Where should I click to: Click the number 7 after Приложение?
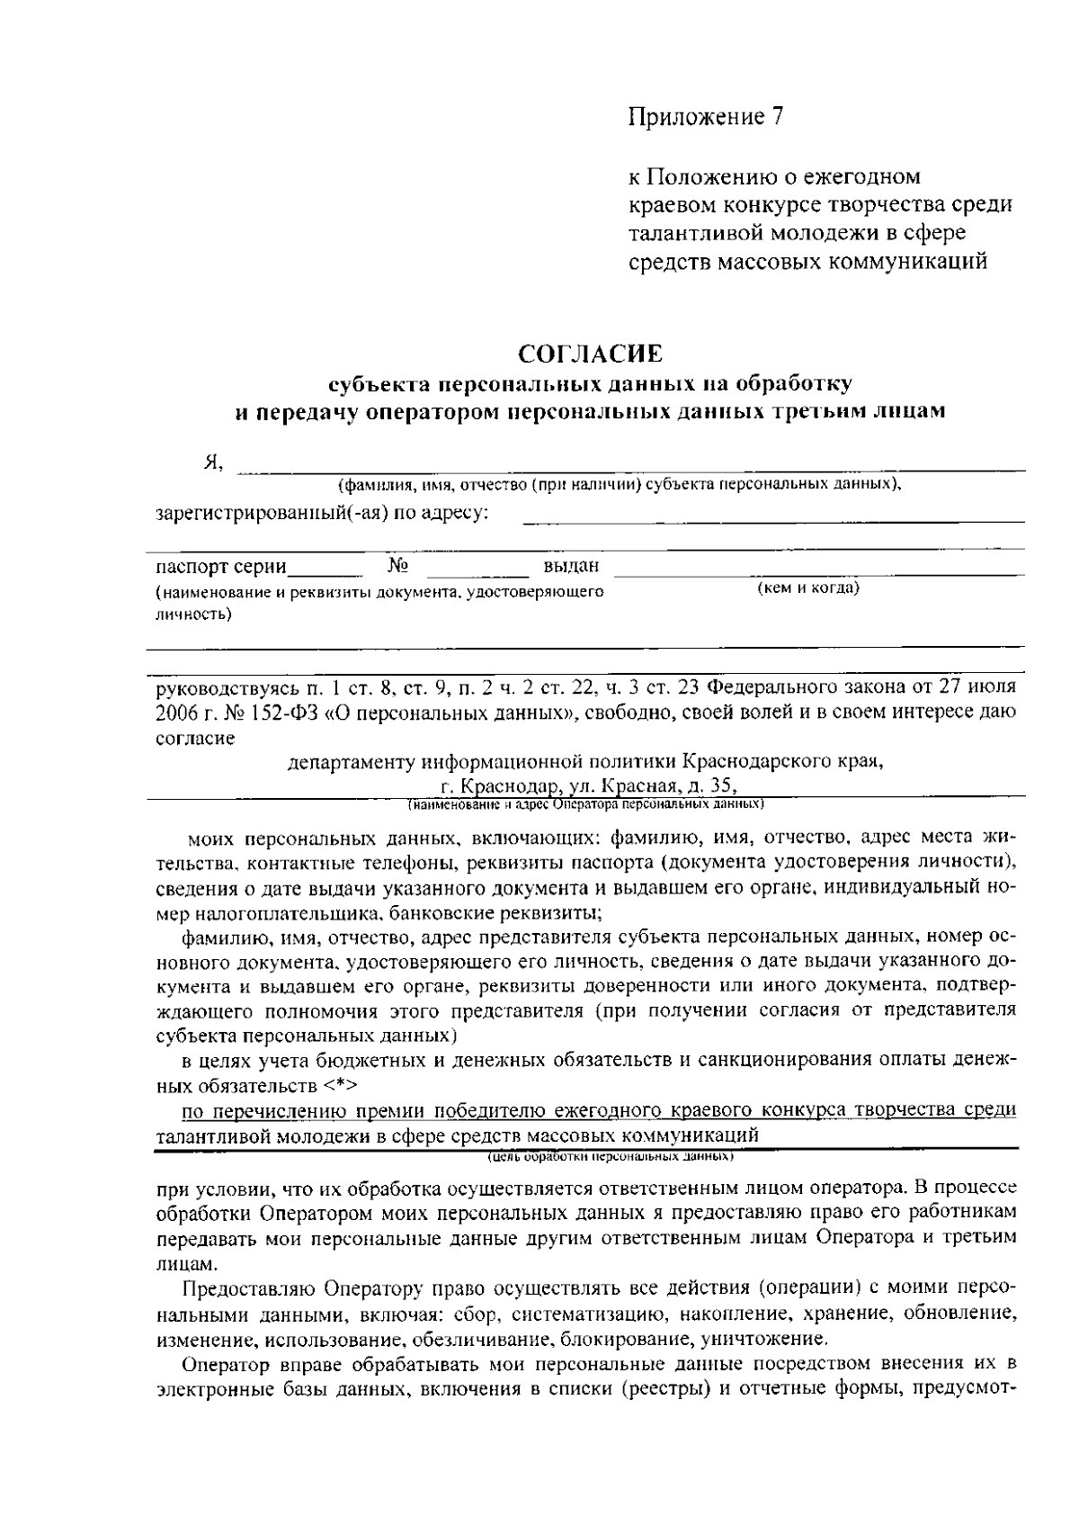[778, 117]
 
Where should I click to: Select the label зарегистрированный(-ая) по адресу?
[322, 514]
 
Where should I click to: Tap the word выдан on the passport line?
[571, 567]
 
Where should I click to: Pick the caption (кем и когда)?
[808, 588]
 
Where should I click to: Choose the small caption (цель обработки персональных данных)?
[611, 1155]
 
